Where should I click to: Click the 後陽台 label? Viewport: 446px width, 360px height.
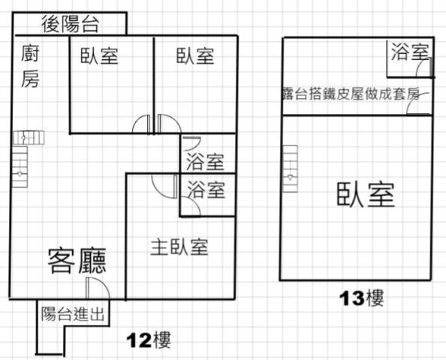pos(71,24)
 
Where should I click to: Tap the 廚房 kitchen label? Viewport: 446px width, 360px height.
pos(30,66)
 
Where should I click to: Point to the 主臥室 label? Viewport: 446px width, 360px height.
pos(179,247)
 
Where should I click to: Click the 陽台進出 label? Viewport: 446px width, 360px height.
pos(73,314)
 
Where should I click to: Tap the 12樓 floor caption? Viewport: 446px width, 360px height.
pos(149,340)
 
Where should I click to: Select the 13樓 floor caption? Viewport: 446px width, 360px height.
pos(362,298)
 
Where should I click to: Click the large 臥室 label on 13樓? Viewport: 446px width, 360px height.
pos(366,195)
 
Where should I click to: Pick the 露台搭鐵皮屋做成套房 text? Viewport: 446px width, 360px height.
pos(351,94)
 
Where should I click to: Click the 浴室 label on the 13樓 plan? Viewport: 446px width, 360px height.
pos(410,52)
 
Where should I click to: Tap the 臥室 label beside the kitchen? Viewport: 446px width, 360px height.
pos(99,55)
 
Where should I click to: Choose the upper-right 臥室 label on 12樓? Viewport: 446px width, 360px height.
pos(195,55)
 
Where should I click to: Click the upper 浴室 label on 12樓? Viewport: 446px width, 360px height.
pos(206,162)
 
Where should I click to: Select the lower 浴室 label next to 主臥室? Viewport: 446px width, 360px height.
pos(206,190)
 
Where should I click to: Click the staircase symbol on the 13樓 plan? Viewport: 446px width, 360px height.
pos(290,169)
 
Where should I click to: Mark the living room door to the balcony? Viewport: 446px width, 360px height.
pos(98,288)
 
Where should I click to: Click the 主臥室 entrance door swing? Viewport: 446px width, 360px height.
pos(164,187)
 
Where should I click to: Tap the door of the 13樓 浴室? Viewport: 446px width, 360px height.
pos(424,67)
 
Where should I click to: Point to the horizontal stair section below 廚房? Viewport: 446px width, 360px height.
pos(29,137)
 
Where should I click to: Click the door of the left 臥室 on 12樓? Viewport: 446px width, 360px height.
pos(141,124)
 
